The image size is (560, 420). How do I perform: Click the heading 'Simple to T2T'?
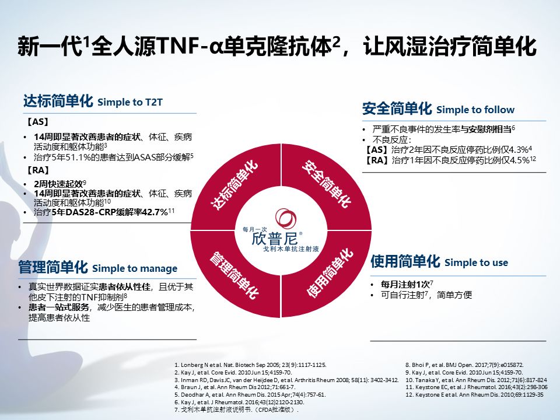pos(129,102)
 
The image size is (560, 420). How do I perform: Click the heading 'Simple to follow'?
pos(475,110)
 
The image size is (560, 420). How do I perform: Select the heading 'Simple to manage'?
pos(134,268)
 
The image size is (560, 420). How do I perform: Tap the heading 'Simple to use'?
pos(476,262)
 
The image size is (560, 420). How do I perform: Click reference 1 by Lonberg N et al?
pos(254,365)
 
